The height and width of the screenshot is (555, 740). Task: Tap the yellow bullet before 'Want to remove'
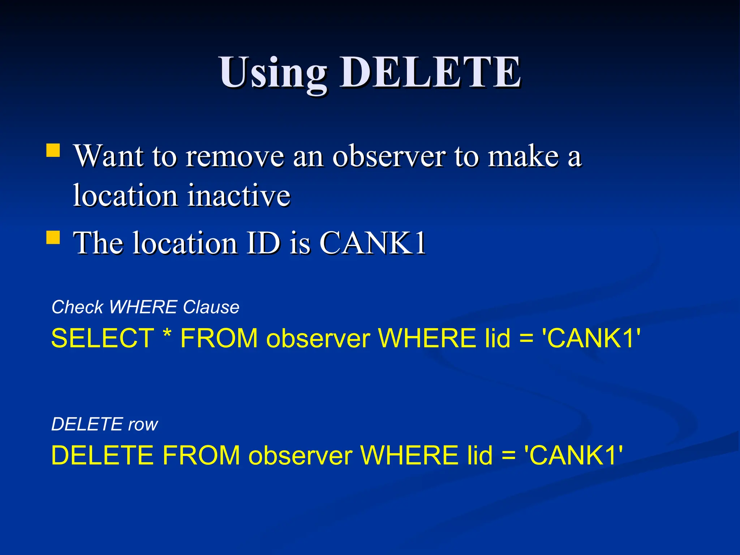pos(53,150)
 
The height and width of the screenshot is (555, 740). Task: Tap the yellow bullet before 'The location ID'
pos(53,238)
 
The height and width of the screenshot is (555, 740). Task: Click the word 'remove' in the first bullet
pos(235,156)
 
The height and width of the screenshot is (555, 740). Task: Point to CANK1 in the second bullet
pos(373,243)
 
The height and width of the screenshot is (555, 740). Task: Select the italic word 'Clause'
pos(211,307)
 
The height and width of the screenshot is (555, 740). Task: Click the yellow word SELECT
pos(103,339)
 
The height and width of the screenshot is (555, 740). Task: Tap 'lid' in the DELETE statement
pos(480,455)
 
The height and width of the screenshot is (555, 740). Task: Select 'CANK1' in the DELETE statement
pos(573,455)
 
